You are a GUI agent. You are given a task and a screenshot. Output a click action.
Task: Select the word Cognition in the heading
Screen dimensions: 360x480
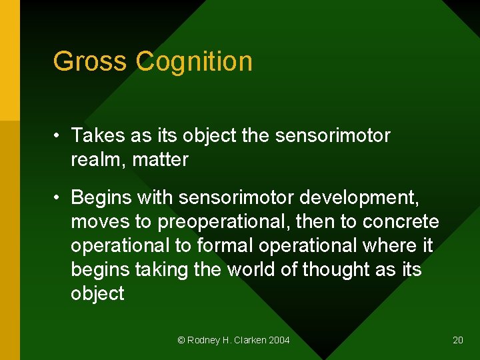coord(194,61)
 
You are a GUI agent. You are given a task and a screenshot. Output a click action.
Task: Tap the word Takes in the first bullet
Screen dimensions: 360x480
coord(98,135)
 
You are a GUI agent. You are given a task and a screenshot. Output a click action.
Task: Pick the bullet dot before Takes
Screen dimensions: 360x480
coord(59,136)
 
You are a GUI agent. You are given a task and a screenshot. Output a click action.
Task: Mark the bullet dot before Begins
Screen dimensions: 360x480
coord(59,198)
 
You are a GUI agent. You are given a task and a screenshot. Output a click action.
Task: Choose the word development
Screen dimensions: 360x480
coord(360,198)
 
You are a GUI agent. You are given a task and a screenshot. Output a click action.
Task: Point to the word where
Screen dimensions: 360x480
coord(391,245)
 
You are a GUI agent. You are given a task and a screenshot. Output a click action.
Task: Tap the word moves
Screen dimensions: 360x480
coord(98,222)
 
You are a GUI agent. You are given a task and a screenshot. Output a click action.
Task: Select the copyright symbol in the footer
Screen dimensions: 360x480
coord(181,340)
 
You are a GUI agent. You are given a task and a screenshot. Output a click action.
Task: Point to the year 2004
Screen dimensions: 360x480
coord(279,340)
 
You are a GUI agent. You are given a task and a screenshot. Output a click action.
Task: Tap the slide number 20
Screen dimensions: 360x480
coord(458,340)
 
